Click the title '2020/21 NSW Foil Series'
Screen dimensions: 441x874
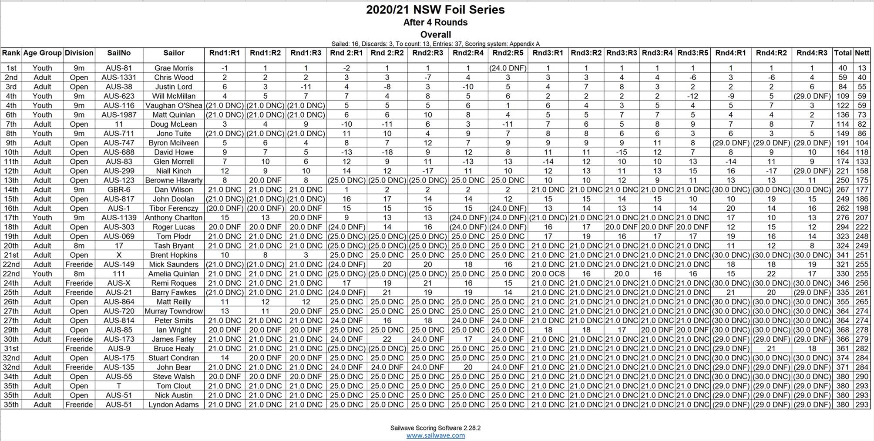pos(435,10)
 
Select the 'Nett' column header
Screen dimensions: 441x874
pos(862,53)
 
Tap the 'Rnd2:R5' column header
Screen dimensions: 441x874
pos(508,53)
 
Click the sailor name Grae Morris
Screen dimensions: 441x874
pos(173,68)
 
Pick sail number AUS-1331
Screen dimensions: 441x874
pos(119,77)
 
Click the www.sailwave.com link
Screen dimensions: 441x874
pos(435,435)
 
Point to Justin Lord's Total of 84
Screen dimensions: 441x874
pos(843,87)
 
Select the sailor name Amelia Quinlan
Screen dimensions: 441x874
pos(173,274)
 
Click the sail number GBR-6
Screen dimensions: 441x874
pos(119,190)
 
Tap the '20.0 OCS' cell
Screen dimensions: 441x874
pos(548,274)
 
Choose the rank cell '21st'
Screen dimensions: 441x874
pos(11,255)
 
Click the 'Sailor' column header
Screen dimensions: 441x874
pos(173,53)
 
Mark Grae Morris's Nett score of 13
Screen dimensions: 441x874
pos(862,68)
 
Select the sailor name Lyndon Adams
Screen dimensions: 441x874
pos(173,405)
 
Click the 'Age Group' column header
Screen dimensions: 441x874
pos(42,53)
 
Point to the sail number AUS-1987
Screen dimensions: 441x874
pos(119,115)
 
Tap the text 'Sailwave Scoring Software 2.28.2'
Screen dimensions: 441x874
pos(435,428)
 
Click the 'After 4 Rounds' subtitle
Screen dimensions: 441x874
pos(435,22)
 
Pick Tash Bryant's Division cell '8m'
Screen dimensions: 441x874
pos(79,246)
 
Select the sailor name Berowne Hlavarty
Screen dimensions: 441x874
pos(173,180)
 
